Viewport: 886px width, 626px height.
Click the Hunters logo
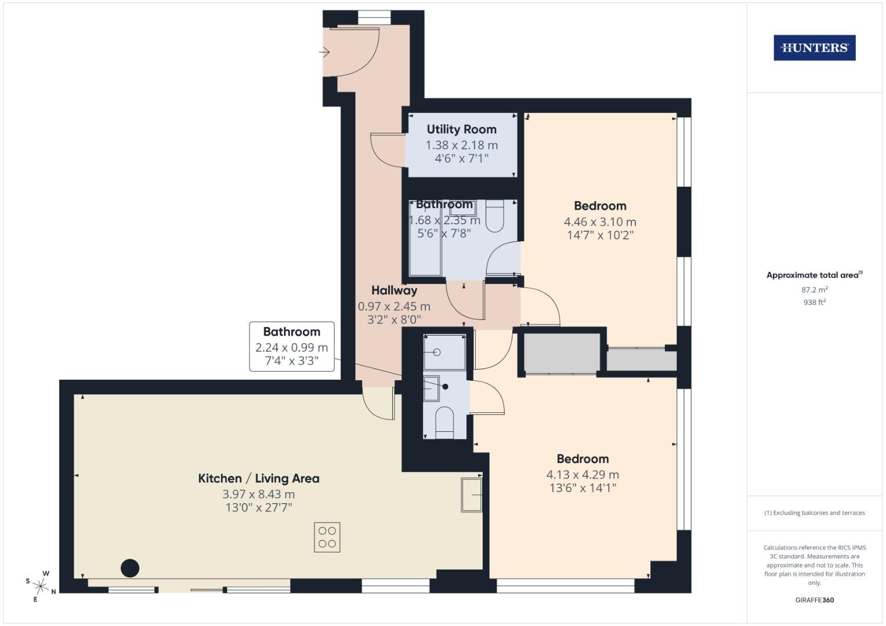814,48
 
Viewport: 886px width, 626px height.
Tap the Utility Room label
461,129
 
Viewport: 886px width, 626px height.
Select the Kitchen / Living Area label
259,478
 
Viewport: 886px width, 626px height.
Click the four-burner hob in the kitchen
327,537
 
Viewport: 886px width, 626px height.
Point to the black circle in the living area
130,568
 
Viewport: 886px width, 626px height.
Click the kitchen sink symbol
471,494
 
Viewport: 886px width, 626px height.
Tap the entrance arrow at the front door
324,53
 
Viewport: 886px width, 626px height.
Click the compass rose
41,583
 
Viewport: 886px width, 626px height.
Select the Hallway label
394,290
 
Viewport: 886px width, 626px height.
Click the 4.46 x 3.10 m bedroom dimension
600,221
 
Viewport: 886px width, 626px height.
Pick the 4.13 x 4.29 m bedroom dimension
583,475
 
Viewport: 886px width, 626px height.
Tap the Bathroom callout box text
291,332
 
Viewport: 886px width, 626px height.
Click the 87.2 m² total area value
814,289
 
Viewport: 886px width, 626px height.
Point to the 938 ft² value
814,302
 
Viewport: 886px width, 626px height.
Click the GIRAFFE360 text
814,600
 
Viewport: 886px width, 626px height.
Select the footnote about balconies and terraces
814,512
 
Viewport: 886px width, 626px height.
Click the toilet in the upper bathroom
495,217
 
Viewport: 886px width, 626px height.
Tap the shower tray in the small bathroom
444,352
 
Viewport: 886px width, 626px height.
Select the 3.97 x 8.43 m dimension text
259,494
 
